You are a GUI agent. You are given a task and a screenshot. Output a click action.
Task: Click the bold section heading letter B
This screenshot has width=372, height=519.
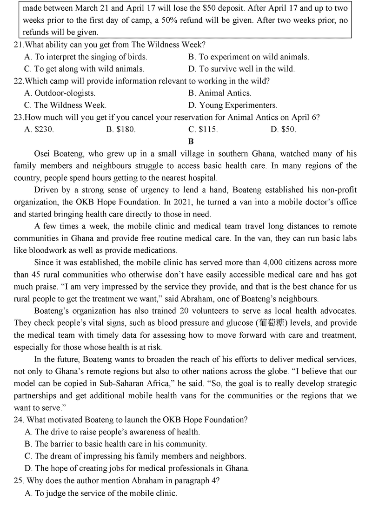pyautogui.click(x=191, y=141)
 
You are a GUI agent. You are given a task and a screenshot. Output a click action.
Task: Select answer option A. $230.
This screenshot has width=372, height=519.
pyautogui.click(x=39, y=130)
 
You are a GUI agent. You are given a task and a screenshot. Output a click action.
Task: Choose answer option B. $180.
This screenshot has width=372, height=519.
pyautogui.click(x=121, y=130)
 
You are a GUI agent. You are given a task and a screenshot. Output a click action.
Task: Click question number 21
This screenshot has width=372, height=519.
pyautogui.click(x=19, y=45)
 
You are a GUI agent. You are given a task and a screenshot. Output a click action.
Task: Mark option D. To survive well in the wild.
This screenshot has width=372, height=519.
pyautogui.click(x=241, y=69)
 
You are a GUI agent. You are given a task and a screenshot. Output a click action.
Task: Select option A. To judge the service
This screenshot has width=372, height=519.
pyautogui.click(x=101, y=493)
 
